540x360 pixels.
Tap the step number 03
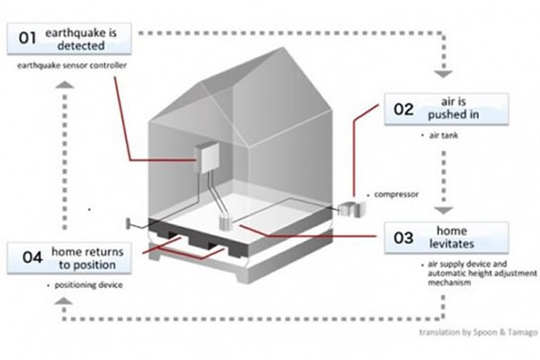(x=404, y=238)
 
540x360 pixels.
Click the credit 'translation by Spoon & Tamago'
(x=478, y=333)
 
